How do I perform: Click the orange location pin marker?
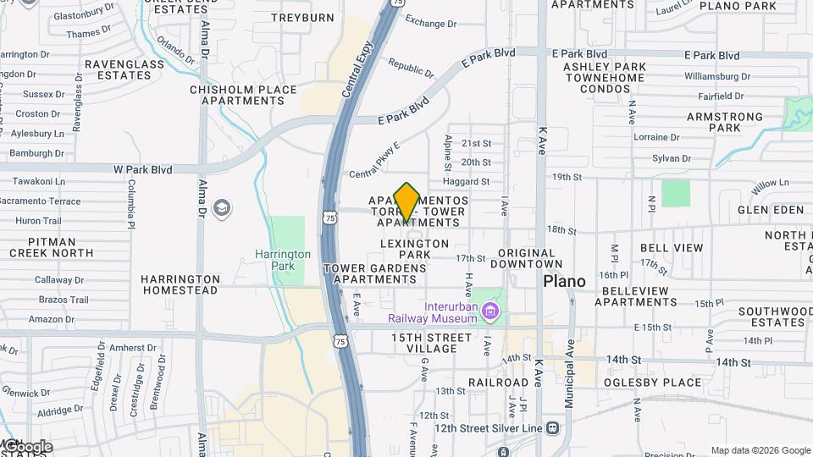[406, 201]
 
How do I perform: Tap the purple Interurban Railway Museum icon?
[488, 312]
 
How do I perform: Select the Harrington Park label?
[283, 260]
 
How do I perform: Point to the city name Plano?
[564, 281]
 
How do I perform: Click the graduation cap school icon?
[222, 208]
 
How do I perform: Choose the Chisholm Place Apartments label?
[243, 95]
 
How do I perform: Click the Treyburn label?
[302, 17]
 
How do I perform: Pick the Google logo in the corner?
[27, 447]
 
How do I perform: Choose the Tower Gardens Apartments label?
[374, 273]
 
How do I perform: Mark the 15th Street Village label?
[431, 343]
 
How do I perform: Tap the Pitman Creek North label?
[51, 247]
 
